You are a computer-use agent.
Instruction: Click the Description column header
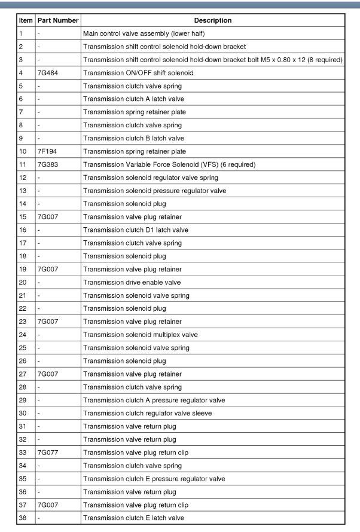(x=213, y=20)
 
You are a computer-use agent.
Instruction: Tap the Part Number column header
(x=57, y=20)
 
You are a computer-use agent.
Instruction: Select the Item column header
(x=26, y=20)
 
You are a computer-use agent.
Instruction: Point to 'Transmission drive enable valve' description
(x=132, y=282)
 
